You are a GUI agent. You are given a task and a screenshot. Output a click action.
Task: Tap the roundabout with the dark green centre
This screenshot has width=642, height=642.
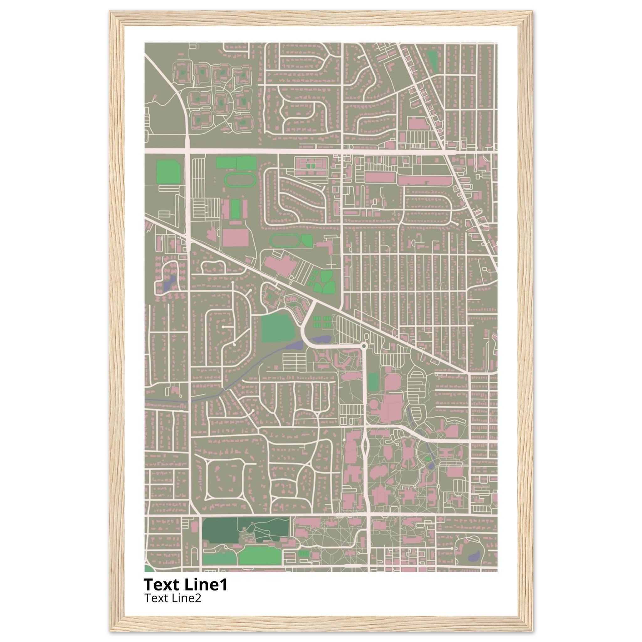(364, 346)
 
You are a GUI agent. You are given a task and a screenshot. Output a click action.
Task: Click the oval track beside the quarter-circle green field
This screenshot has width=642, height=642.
(284, 240)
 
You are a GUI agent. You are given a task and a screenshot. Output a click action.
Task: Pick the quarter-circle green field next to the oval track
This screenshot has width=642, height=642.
(307, 240)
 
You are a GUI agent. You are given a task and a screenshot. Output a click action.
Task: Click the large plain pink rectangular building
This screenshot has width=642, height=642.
(235, 237)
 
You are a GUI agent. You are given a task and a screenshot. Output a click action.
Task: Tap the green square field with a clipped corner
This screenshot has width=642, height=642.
(168, 171)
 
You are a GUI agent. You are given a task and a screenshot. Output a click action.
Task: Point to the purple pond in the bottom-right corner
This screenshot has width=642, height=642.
(475, 555)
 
